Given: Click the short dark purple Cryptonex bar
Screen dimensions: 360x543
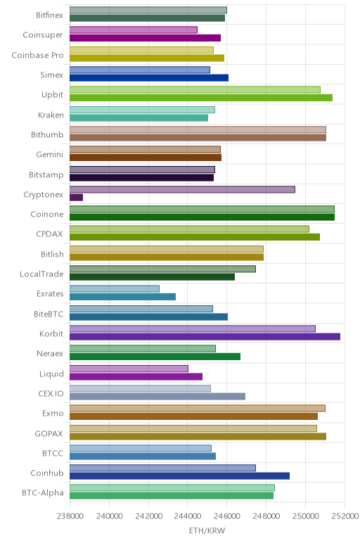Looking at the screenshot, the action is coord(76,198).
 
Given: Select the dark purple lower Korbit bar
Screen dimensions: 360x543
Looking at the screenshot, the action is coord(205,337).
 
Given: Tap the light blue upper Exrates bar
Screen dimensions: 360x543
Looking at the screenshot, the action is coord(115,289).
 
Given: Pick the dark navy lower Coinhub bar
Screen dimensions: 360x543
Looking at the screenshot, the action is coord(180,475).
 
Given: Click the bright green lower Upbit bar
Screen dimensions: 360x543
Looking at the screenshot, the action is coord(201,98).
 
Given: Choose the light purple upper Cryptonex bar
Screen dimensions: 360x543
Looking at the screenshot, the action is coord(182,189).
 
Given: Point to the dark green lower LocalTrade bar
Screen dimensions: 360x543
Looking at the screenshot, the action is coord(153,276).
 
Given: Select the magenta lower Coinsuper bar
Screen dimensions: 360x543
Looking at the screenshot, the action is coord(145,38).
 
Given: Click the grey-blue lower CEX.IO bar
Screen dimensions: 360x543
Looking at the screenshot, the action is coord(157,396).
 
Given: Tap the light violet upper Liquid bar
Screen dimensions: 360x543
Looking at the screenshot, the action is coord(129,369).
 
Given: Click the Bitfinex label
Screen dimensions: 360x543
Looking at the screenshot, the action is coord(49,15).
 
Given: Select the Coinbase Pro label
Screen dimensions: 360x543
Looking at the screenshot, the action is coord(37,55).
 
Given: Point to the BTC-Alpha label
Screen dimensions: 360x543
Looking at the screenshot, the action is coord(43,492).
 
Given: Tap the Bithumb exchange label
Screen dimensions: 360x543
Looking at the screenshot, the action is coord(47,134).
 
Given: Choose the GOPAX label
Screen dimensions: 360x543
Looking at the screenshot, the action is coord(49,433).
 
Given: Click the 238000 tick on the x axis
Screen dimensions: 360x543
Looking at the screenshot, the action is coord(70,516).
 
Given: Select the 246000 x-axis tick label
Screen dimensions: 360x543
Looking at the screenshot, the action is coord(226,516).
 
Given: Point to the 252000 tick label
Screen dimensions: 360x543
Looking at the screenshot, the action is coord(345,516).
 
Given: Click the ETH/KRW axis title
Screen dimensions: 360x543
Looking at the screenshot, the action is coord(207,530).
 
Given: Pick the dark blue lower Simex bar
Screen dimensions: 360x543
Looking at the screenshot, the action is coord(149,77).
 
